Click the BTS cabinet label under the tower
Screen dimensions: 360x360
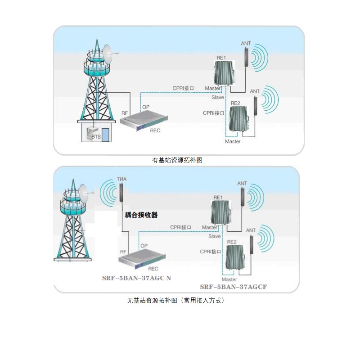96,136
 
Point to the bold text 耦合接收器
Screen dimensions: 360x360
141,215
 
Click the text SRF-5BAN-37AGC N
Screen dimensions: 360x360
136,278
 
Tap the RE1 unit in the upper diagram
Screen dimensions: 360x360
223,73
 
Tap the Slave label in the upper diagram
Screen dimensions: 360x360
217,97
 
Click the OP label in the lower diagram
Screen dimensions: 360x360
144,246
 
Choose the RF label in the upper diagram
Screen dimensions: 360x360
125,113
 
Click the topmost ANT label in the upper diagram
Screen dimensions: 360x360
246,44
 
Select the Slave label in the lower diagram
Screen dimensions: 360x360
214,236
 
